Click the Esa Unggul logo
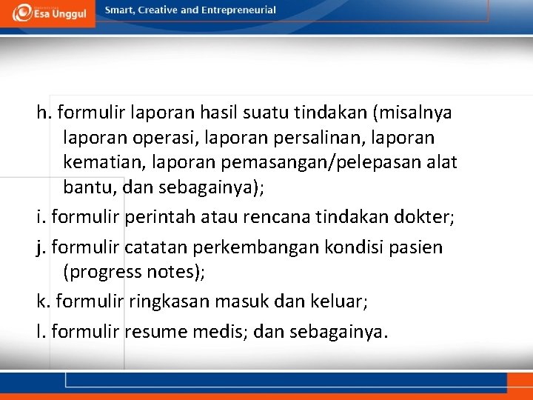47,13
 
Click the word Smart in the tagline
120,10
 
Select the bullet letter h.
43,113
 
